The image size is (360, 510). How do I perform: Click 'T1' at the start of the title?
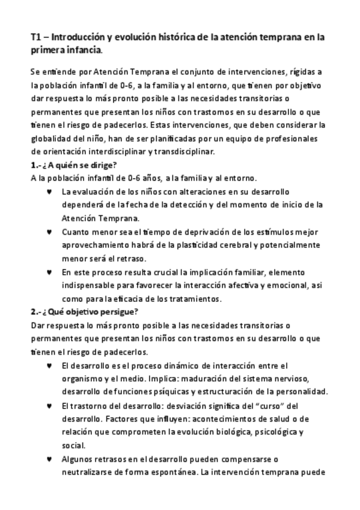point(37,37)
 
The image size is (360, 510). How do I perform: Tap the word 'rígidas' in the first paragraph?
point(306,72)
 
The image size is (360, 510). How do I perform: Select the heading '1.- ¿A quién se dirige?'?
point(73,165)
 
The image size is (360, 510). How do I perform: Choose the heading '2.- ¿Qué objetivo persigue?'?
point(84,312)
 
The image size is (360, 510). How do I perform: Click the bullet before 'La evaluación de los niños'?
point(49,192)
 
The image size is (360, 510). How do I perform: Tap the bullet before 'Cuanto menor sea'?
point(49,232)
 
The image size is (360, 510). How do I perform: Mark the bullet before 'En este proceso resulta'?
point(49,272)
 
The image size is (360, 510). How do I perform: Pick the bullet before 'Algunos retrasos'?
point(49,459)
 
